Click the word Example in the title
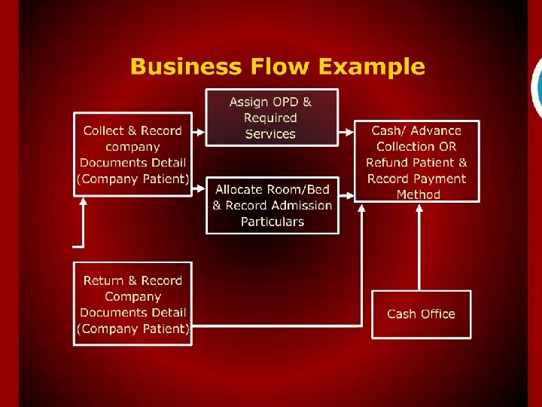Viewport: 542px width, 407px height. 372,67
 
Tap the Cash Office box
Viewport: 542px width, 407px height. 421,314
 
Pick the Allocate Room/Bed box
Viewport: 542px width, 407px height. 272,205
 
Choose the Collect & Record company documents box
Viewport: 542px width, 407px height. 132,155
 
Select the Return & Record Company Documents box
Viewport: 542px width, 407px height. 132,304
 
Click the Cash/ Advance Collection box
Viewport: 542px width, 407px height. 417,162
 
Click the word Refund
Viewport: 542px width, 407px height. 388,163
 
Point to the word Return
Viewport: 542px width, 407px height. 104,281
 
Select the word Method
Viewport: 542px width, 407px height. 418,194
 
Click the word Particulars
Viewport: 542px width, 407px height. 272,222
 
